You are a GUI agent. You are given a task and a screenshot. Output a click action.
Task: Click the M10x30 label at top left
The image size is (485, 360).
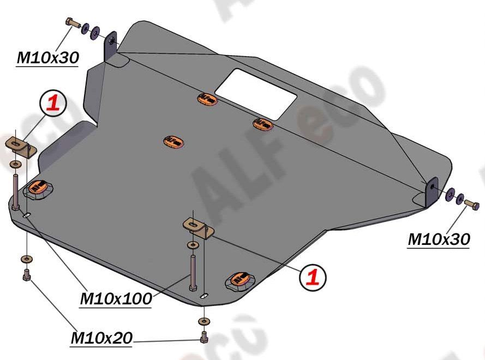48,57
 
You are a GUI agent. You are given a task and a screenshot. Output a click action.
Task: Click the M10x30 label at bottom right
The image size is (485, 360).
439,239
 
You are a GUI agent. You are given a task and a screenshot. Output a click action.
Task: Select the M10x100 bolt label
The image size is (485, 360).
116,298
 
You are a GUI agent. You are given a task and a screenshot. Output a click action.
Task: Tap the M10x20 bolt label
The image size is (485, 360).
101,338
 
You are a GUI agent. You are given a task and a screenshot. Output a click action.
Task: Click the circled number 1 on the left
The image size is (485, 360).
53,103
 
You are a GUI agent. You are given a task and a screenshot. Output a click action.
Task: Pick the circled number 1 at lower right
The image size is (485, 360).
313,277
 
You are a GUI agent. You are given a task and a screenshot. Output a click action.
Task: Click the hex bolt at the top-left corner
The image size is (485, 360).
73,23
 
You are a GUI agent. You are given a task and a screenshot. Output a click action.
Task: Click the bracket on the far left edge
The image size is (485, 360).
21,147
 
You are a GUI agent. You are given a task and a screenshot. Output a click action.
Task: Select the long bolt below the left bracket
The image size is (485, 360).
16,192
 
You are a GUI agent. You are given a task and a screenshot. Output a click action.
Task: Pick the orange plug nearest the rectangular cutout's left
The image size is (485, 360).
207,99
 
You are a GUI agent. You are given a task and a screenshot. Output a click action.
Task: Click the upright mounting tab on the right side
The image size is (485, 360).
432,192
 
